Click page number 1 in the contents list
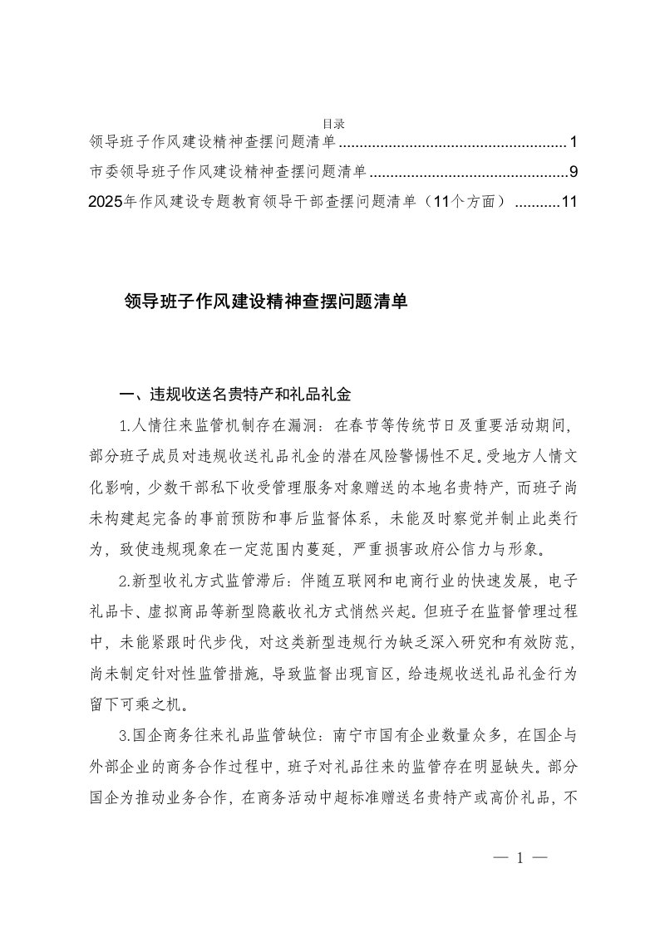point(573,142)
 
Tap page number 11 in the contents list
point(569,202)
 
